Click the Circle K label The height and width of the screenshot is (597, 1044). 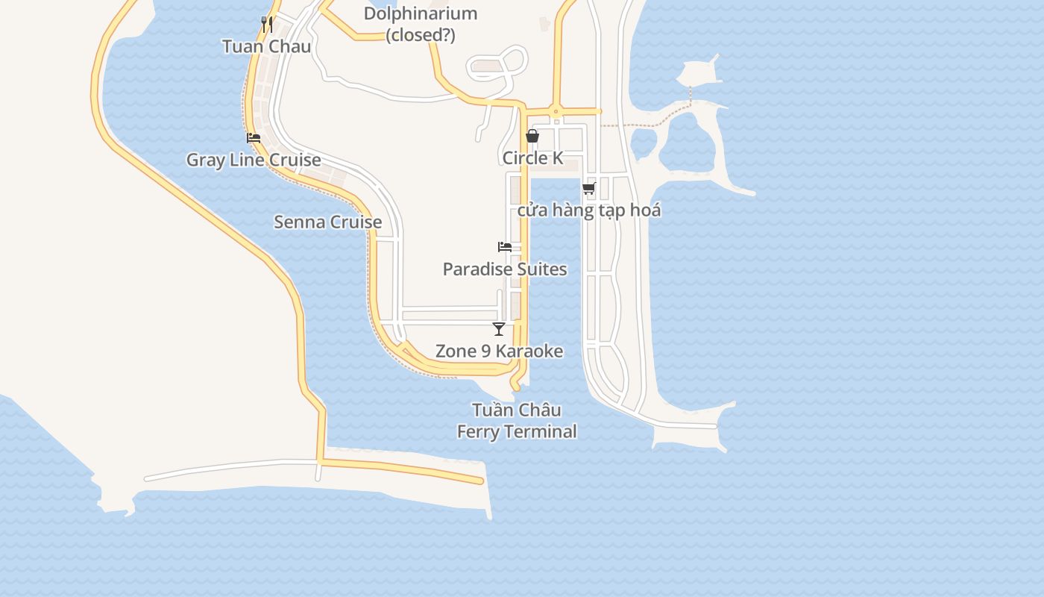pyautogui.click(x=532, y=158)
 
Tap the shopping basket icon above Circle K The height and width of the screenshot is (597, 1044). pyautogui.click(x=532, y=136)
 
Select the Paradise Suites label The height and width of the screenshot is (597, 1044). pyautogui.click(x=505, y=269)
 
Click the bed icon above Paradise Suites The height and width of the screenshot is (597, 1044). pyautogui.click(x=505, y=247)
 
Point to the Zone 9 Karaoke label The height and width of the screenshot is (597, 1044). pyautogui.click(x=499, y=351)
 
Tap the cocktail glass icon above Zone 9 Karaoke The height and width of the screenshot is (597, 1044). pyautogui.click(x=499, y=328)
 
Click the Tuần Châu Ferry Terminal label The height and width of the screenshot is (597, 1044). pyautogui.click(x=517, y=421)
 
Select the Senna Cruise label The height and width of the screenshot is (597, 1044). pyautogui.click(x=328, y=222)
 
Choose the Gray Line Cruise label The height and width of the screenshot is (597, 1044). pyautogui.click(x=254, y=160)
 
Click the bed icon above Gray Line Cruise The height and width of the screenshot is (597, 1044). pyautogui.click(x=254, y=138)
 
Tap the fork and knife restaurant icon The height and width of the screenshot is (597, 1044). pyautogui.click(x=267, y=24)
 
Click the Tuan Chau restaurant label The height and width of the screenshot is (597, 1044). pyautogui.click(x=266, y=46)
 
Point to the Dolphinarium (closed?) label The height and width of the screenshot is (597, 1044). pyautogui.click(x=421, y=24)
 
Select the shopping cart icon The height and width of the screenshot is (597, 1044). pyautogui.click(x=589, y=188)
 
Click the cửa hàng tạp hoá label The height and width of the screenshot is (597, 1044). pyautogui.click(x=589, y=210)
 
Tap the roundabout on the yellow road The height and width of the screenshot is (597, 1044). pyautogui.click(x=556, y=112)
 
